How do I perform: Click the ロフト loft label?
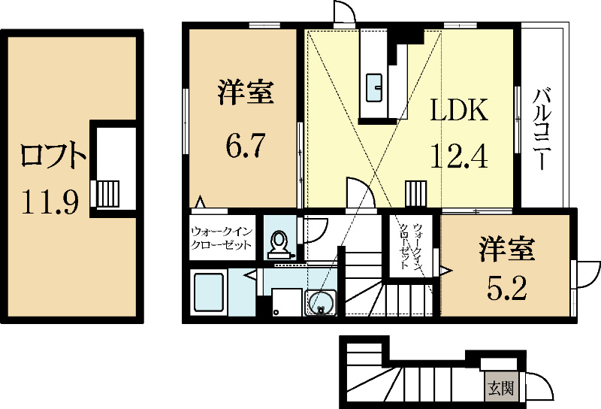click(53, 155)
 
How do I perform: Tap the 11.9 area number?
click(50, 201)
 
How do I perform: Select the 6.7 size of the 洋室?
click(246, 145)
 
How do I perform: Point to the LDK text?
click(459, 110)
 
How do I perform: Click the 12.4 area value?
click(459, 156)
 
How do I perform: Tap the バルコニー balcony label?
click(542, 129)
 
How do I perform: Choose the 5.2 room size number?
click(506, 288)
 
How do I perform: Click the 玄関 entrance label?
click(500, 389)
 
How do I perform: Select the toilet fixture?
click(279, 244)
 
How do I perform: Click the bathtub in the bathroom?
click(209, 292)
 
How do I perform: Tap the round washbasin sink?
click(321, 303)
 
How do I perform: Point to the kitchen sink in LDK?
click(373, 88)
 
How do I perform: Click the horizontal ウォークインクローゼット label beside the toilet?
click(222, 238)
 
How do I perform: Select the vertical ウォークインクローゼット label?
click(412, 246)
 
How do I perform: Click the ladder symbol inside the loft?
click(107, 194)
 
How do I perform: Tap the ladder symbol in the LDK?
click(416, 194)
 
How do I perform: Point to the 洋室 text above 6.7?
click(246, 92)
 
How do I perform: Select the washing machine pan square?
click(287, 302)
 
